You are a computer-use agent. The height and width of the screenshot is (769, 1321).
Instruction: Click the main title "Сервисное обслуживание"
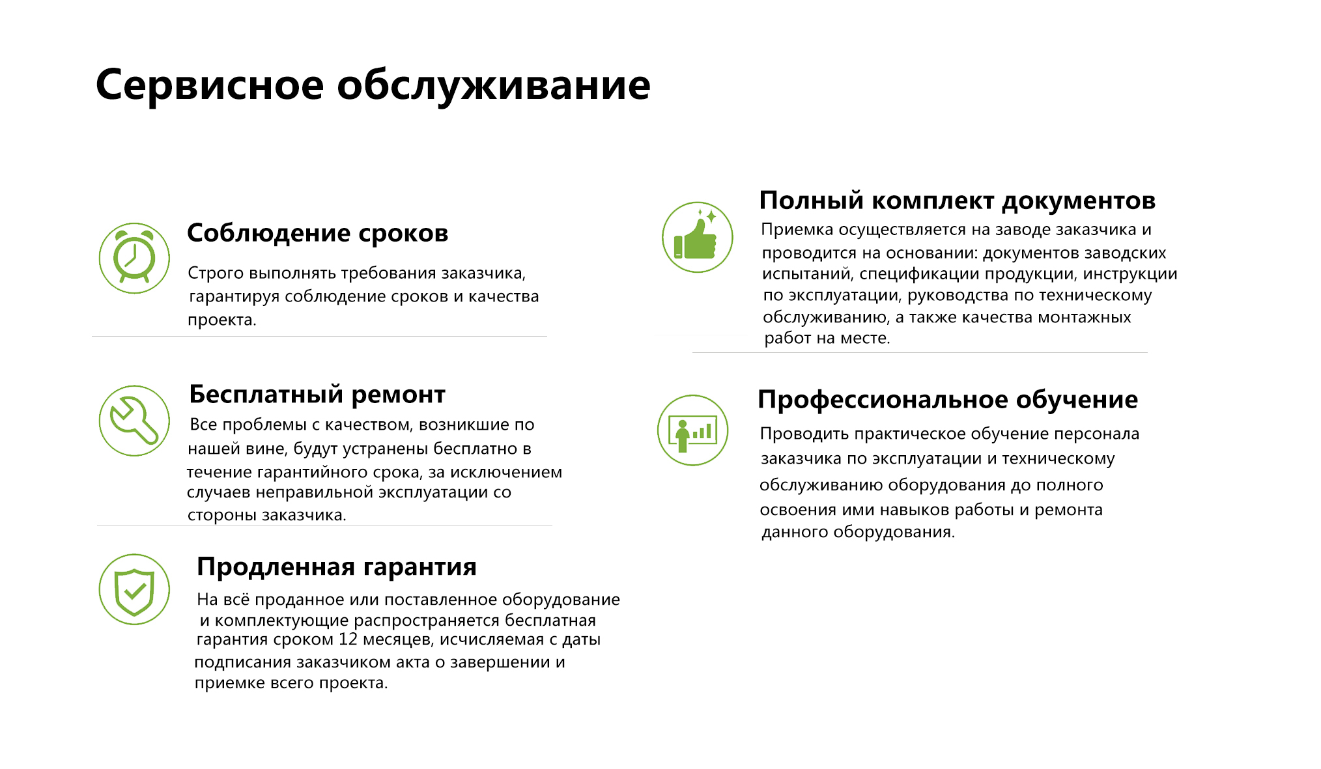click(x=373, y=85)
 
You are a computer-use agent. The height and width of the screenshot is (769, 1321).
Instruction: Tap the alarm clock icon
click(x=134, y=258)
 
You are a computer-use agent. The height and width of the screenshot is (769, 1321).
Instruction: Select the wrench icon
click(x=134, y=421)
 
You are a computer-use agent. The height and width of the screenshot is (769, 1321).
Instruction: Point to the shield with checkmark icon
click(x=134, y=589)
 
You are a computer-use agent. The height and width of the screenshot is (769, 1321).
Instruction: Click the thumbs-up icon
click(x=697, y=237)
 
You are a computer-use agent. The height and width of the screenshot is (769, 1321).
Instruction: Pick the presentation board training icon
click(x=692, y=430)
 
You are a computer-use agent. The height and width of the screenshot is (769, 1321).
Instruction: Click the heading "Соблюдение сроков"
click(x=318, y=232)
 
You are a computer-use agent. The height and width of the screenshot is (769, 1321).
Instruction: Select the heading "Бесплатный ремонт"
click(x=317, y=395)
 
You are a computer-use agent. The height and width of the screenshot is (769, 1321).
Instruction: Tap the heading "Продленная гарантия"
click(x=337, y=567)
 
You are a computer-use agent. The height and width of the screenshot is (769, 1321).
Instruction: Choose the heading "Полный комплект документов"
click(x=958, y=201)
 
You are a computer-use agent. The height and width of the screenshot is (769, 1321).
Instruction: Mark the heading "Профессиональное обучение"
click(x=948, y=400)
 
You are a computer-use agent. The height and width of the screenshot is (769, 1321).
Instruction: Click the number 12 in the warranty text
click(x=348, y=639)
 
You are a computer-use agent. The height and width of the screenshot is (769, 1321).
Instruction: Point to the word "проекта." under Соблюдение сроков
click(x=222, y=320)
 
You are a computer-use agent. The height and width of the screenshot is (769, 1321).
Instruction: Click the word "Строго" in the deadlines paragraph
click(x=216, y=273)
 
